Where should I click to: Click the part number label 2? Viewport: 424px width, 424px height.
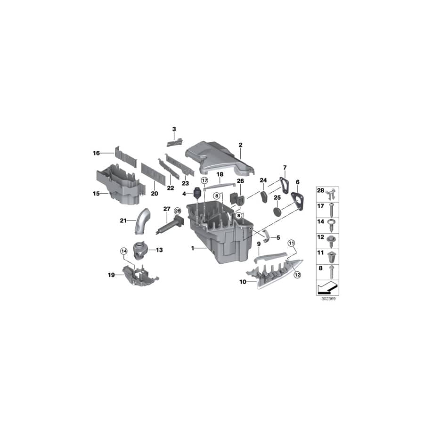click(x=240, y=145)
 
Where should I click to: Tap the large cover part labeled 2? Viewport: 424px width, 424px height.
click(x=217, y=155)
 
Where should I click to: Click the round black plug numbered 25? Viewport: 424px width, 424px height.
click(x=277, y=211)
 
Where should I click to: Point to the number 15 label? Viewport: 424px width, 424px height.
click(x=96, y=194)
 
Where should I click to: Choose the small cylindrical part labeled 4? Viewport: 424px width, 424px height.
click(x=197, y=194)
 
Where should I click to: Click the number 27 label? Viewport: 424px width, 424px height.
click(x=166, y=209)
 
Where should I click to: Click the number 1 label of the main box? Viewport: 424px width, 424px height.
click(x=192, y=247)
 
